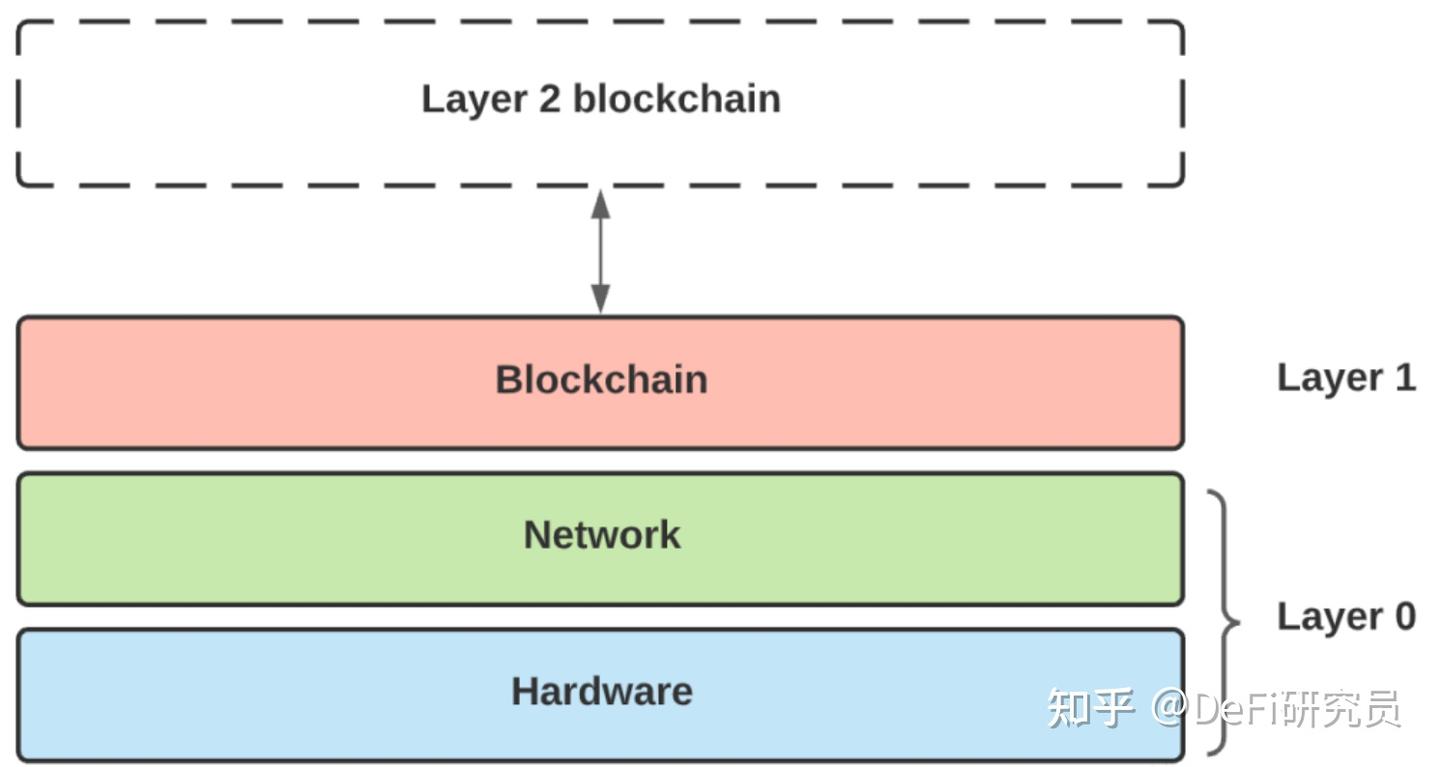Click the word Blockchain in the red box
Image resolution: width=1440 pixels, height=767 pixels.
tap(601, 379)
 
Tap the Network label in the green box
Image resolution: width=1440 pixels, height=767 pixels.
tap(602, 534)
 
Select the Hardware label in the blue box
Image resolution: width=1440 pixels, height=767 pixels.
tap(602, 691)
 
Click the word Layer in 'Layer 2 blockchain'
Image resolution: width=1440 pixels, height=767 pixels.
tap(474, 101)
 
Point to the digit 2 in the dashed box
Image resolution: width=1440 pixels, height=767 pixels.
tap(550, 99)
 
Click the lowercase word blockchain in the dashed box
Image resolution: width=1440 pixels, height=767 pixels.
tap(677, 98)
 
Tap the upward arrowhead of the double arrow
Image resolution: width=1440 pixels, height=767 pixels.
tap(600, 204)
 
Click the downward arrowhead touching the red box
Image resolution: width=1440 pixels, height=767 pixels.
tap(600, 299)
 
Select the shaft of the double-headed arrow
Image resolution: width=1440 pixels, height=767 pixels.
tap(600, 251)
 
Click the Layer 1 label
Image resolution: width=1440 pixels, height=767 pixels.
tap(1346, 379)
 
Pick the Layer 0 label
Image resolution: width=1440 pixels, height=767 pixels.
tap(1346, 618)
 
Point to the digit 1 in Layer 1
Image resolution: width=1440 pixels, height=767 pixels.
tap(1405, 377)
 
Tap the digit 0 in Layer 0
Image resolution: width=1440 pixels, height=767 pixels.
tap(1405, 616)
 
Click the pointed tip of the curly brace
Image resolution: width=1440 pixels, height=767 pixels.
tap(1239, 622)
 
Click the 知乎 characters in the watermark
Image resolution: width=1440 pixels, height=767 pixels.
tap(1090, 707)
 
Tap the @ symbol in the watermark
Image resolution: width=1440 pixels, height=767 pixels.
tap(1170, 707)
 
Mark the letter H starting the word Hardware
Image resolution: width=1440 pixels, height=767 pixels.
tap(525, 691)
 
